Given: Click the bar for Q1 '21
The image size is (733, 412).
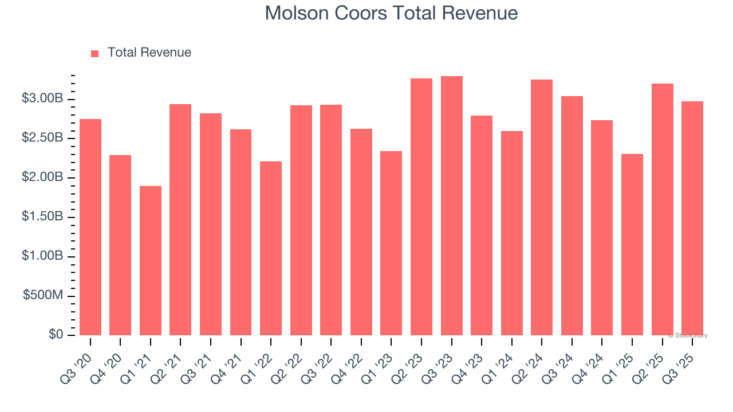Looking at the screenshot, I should [151, 260].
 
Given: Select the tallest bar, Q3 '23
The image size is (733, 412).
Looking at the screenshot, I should [452, 206].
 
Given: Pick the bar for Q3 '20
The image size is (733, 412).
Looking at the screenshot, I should [90, 227].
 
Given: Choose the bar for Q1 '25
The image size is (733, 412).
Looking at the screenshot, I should [632, 244].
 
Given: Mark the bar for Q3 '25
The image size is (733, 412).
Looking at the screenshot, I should [692, 218].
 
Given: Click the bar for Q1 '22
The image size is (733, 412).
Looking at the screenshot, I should [271, 248].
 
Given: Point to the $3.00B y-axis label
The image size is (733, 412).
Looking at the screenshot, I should [42, 99].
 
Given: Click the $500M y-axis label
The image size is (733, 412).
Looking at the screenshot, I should [43, 296].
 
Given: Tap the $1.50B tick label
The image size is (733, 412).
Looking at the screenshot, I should [42, 217].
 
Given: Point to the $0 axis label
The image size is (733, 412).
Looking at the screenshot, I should [56, 335].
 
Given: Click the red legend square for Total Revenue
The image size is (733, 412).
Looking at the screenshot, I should [95, 53].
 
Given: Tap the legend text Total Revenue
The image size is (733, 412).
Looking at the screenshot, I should [149, 53].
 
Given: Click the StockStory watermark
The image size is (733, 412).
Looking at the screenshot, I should [688, 335].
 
